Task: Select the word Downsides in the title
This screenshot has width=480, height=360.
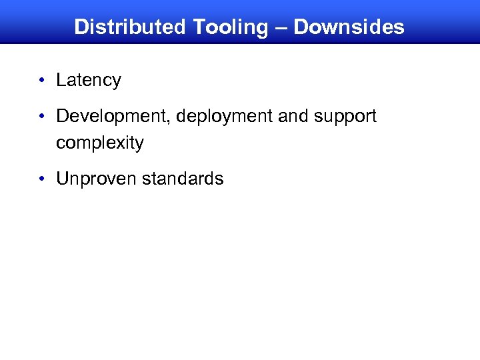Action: tap(349, 27)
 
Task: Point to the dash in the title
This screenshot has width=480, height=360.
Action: tap(280, 28)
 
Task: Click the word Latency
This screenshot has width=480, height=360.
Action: tap(89, 81)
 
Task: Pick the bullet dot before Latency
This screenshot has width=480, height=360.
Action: tap(42, 81)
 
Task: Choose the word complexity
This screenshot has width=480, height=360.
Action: tap(100, 143)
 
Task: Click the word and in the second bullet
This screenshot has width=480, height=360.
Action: tap(291, 117)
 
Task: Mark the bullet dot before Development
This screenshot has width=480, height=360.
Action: tap(42, 117)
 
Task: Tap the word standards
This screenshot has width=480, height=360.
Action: tap(182, 179)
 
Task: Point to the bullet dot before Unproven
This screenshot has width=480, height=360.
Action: tap(42, 179)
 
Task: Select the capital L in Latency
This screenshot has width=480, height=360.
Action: tap(61, 81)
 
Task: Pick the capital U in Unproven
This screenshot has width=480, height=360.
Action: tap(62, 179)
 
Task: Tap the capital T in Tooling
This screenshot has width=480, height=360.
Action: tap(199, 27)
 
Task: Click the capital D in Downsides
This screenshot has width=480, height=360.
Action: tap(301, 27)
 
